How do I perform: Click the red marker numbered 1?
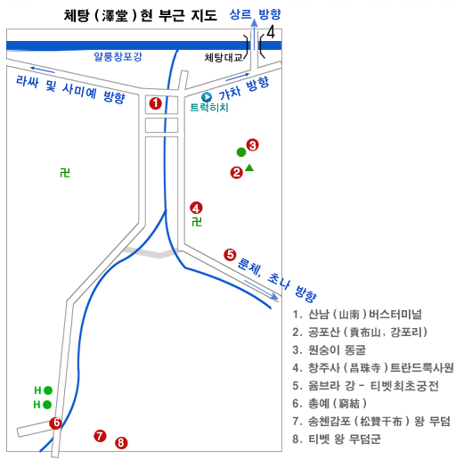[x=155, y=103]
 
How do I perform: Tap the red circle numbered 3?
[x=252, y=145]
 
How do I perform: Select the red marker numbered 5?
[x=230, y=255]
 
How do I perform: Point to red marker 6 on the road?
[x=55, y=423]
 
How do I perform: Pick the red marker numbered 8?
[x=121, y=443]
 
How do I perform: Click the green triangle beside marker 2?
[x=249, y=168]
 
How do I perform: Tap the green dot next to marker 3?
[x=241, y=152]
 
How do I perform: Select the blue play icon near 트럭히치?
[x=207, y=97]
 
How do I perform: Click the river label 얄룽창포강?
[x=118, y=56]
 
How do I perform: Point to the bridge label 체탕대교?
[x=224, y=57]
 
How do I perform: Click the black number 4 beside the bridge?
[x=271, y=32]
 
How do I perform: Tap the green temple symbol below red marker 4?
[x=197, y=222]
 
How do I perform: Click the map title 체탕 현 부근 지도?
[x=141, y=15]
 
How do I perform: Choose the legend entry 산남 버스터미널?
[x=357, y=314]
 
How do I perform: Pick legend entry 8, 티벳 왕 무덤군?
[x=337, y=439]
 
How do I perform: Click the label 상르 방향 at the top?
[x=255, y=14]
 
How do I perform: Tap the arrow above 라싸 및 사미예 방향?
[x=43, y=70]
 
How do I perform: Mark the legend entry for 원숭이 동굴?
[x=330, y=349]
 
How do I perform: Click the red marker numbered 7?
[x=100, y=436]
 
